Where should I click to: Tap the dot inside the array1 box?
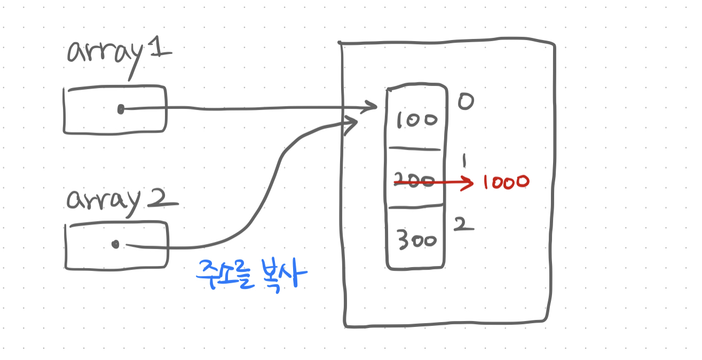(x=121, y=109)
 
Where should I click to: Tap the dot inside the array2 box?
(x=115, y=245)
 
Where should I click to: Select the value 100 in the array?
(x=416, y=120)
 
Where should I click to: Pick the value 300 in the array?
(x=417, y=240)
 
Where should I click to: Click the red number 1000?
(x=505, y=182)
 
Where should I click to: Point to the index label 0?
(x=466, y=101)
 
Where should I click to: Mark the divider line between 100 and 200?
(x=415, y=149)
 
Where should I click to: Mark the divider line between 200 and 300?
(x=416, y=206)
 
